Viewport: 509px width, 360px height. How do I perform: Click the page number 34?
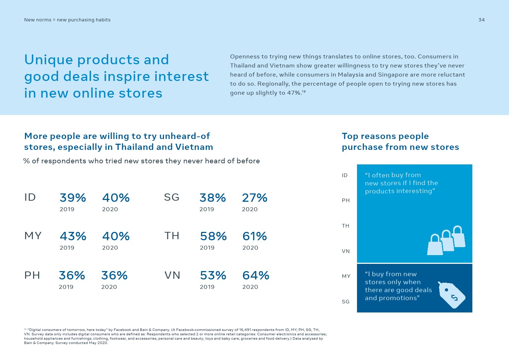(481, 20)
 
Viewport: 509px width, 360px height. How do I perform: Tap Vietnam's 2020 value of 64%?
(256, 275)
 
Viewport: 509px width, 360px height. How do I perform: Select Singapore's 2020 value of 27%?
(255, 198)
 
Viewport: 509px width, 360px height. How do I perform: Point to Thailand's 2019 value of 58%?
(213, 236)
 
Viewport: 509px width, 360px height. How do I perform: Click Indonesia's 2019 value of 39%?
(73, 198)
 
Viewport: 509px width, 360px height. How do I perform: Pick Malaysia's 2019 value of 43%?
(73, 236)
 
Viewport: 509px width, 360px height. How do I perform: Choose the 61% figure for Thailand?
(255, 236)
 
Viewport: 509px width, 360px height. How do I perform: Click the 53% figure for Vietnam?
(213, 275)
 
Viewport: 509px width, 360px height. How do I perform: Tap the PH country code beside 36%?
(32, 275)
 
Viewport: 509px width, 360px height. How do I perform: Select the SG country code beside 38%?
(172, 197)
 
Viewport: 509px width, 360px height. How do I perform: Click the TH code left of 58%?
(172, 236)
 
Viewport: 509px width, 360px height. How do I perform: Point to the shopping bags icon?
(446, 241)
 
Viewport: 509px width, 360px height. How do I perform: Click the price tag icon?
(451, 295)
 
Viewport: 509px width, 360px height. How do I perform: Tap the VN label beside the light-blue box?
(346, 251)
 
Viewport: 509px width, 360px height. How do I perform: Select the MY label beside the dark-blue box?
(346, 276)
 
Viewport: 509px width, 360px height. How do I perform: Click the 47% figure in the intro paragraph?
(294, 93)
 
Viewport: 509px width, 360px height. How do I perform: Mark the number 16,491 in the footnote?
(245, 330)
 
